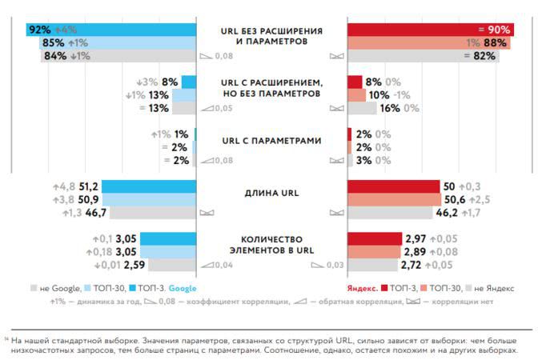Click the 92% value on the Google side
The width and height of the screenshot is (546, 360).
pos(39,30)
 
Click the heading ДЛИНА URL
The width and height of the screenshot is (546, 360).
pos(271,192)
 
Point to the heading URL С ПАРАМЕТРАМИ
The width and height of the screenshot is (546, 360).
pos(271,141)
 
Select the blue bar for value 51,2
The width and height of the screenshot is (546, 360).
pos(148,186)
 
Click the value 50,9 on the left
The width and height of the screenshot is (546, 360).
pos(89,199)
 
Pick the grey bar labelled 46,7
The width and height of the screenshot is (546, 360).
pos(152,213)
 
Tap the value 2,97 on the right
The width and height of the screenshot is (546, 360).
pos(417,238)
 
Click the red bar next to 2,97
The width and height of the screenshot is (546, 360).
pos(374,238)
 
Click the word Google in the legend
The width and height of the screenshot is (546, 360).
pos(182,287)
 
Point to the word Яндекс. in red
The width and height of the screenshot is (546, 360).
pos(363,287)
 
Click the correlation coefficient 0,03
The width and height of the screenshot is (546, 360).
pos(335,266)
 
